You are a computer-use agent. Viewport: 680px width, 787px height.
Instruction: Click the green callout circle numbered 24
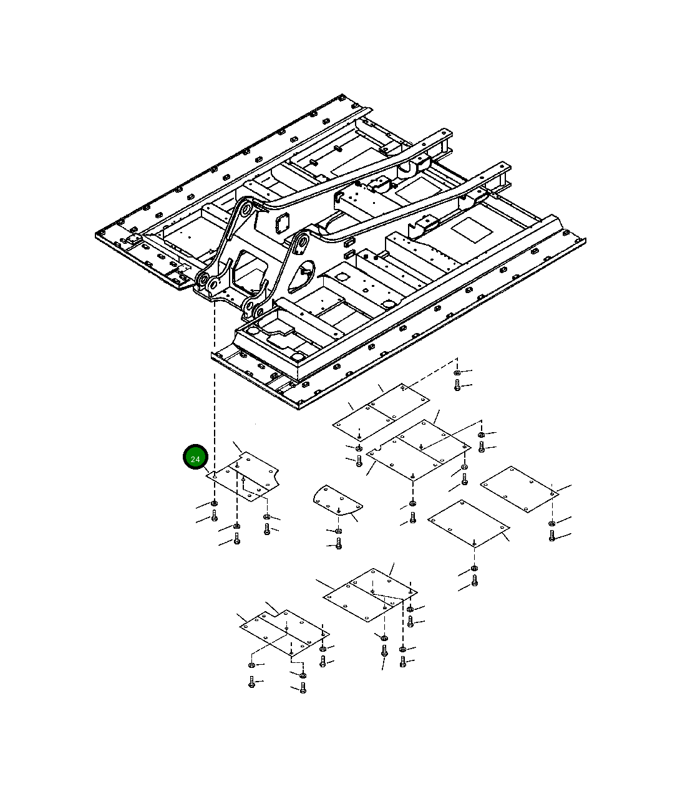195,456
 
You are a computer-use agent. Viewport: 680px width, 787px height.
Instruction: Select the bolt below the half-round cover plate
339,543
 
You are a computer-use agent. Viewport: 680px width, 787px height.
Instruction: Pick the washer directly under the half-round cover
339,531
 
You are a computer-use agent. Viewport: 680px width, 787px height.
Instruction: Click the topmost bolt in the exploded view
457,385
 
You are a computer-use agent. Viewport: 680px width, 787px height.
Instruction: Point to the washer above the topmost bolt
457,372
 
